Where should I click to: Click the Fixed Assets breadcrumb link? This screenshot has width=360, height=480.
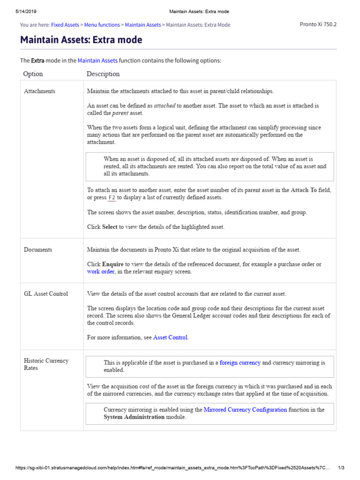coord(65,25)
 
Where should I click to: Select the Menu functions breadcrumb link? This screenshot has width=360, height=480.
coord(102,25)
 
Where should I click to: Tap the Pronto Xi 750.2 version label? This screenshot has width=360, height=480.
coord(318,24)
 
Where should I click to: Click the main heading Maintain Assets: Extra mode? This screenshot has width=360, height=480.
coord(81,40)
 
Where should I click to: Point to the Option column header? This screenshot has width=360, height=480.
coord(33,74)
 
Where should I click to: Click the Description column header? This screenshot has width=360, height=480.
coord(103,74)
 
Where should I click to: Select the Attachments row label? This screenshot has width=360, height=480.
coord(39,91)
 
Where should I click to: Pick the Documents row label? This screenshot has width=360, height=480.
coord(38,249)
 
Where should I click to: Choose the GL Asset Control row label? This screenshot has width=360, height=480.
coord(46,294)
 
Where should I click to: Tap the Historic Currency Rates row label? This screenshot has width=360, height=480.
coord(46,364)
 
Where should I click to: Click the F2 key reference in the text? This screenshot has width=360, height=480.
coord(112,198)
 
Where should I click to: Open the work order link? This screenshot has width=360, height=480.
coord(100,271)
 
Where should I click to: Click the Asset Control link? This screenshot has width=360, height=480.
coord(171,337)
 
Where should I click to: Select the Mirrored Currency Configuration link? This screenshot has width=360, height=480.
coord(245,409)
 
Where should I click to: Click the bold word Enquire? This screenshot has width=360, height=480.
coord(113,264)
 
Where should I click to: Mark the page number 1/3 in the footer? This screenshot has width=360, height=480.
coord(341,468)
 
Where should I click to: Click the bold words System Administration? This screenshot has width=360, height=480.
coord(134,417)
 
